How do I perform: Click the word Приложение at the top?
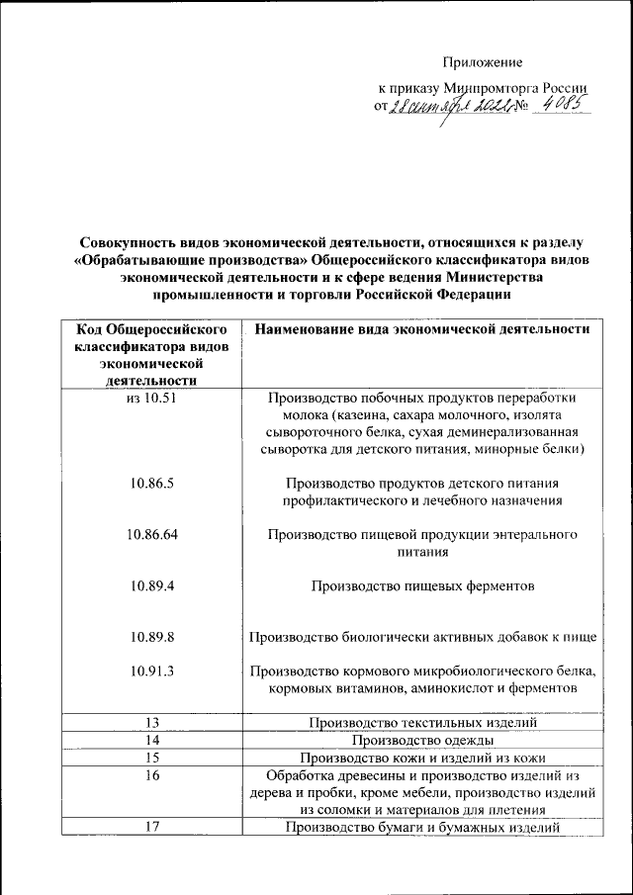pos(482,62)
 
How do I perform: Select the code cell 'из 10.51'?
pos(151,398)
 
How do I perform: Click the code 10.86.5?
pos(151,483)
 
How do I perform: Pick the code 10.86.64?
pos(151,534)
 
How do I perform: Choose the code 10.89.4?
pos(151,585)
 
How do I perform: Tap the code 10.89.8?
pos(151,637)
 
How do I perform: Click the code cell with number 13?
pos(151,723)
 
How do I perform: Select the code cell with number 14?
pos(151,740)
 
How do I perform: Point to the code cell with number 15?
pos(151,758)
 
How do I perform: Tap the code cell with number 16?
pos(151,775)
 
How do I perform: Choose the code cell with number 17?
pos(151,827)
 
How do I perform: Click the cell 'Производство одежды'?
pos(422,740)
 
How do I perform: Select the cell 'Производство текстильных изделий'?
pos(422,723)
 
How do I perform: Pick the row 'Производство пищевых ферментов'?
pos(422,585)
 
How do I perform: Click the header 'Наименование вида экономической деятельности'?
pos(422,328)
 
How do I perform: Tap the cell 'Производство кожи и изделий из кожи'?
pos(422,758)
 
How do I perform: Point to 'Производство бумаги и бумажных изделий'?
pos(422,827)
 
